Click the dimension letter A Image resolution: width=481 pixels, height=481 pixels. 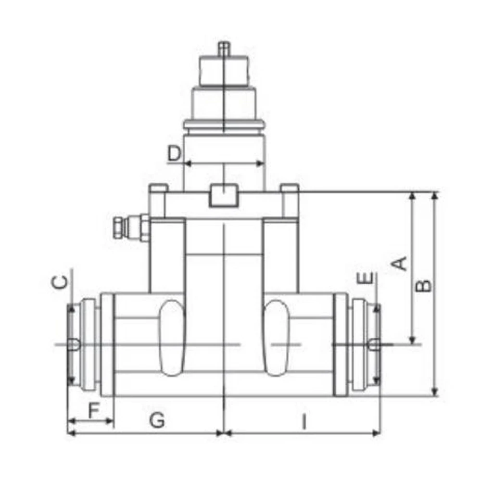(x=400, y=264)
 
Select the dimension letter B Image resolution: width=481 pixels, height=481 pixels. (x=423, y=286)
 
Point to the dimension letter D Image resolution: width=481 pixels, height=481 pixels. (x=174, y=154)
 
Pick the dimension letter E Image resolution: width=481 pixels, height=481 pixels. (x=367, y=278)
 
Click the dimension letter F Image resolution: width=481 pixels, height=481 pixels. (x=94, y=410)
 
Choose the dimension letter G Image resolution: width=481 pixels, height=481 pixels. (x=157, y=421)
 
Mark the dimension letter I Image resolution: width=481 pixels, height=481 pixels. (x=304, y=422)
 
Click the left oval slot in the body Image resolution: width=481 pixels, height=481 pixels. (x=171, y=337)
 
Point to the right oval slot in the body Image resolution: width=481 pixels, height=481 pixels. (x=277, y=337)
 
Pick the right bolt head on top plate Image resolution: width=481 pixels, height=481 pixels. (x=290, y=188)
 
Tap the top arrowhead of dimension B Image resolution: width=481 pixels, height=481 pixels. (x=435, y=195)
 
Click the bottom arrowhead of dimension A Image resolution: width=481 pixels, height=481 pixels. (x=412, y=340)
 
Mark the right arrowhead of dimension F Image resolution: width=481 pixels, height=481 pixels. (x=110, y=421)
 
